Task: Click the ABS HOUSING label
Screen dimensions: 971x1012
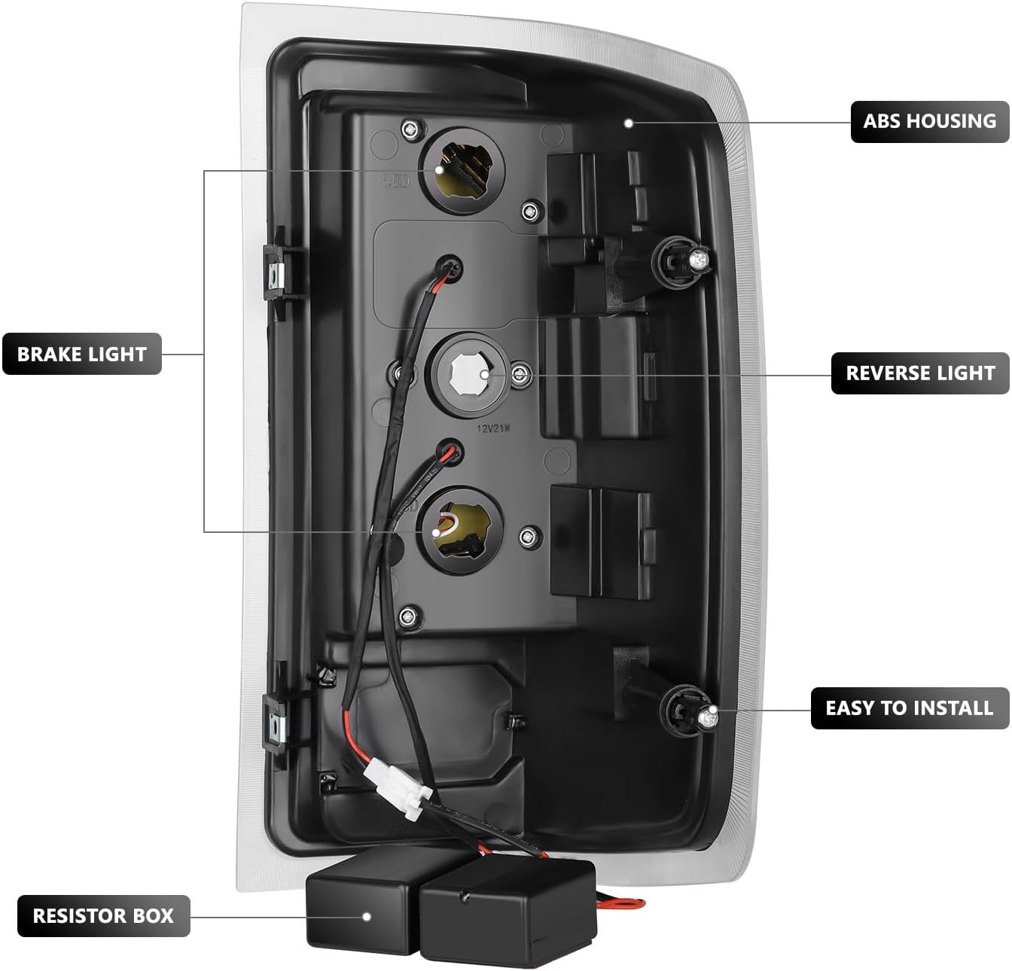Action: pyautogui.click(x=929, y=121)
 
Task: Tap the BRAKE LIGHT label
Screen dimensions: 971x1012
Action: pyautogui.click(x=81, y=354)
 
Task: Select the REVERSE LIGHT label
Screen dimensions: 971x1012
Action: pyautogui.click(x=920, y=373)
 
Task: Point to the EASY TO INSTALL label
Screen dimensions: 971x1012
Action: pyautogui.click(x=909, y=708)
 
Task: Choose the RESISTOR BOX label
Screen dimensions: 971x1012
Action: pyautogui.click(x=102, y=916)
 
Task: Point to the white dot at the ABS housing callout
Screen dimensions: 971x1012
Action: pyautogui.click(x=629, y=123)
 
